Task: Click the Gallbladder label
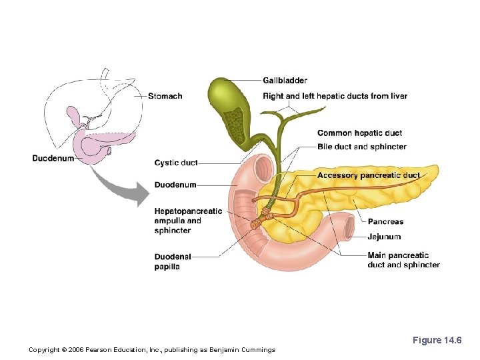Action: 285,81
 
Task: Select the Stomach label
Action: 165,96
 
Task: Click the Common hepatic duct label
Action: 359,133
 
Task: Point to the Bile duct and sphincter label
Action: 361,147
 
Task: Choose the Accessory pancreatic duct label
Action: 368,175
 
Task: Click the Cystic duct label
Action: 175,163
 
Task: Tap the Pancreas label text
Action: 385,221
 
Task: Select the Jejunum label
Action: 384,237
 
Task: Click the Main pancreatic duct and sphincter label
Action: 403,260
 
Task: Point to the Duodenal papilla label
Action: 172,261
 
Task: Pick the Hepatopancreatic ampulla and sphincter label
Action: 187,221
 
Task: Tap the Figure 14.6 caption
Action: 437,341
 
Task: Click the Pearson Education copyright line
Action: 152,350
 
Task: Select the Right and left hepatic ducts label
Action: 335,96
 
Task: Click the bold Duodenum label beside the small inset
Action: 53,158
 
